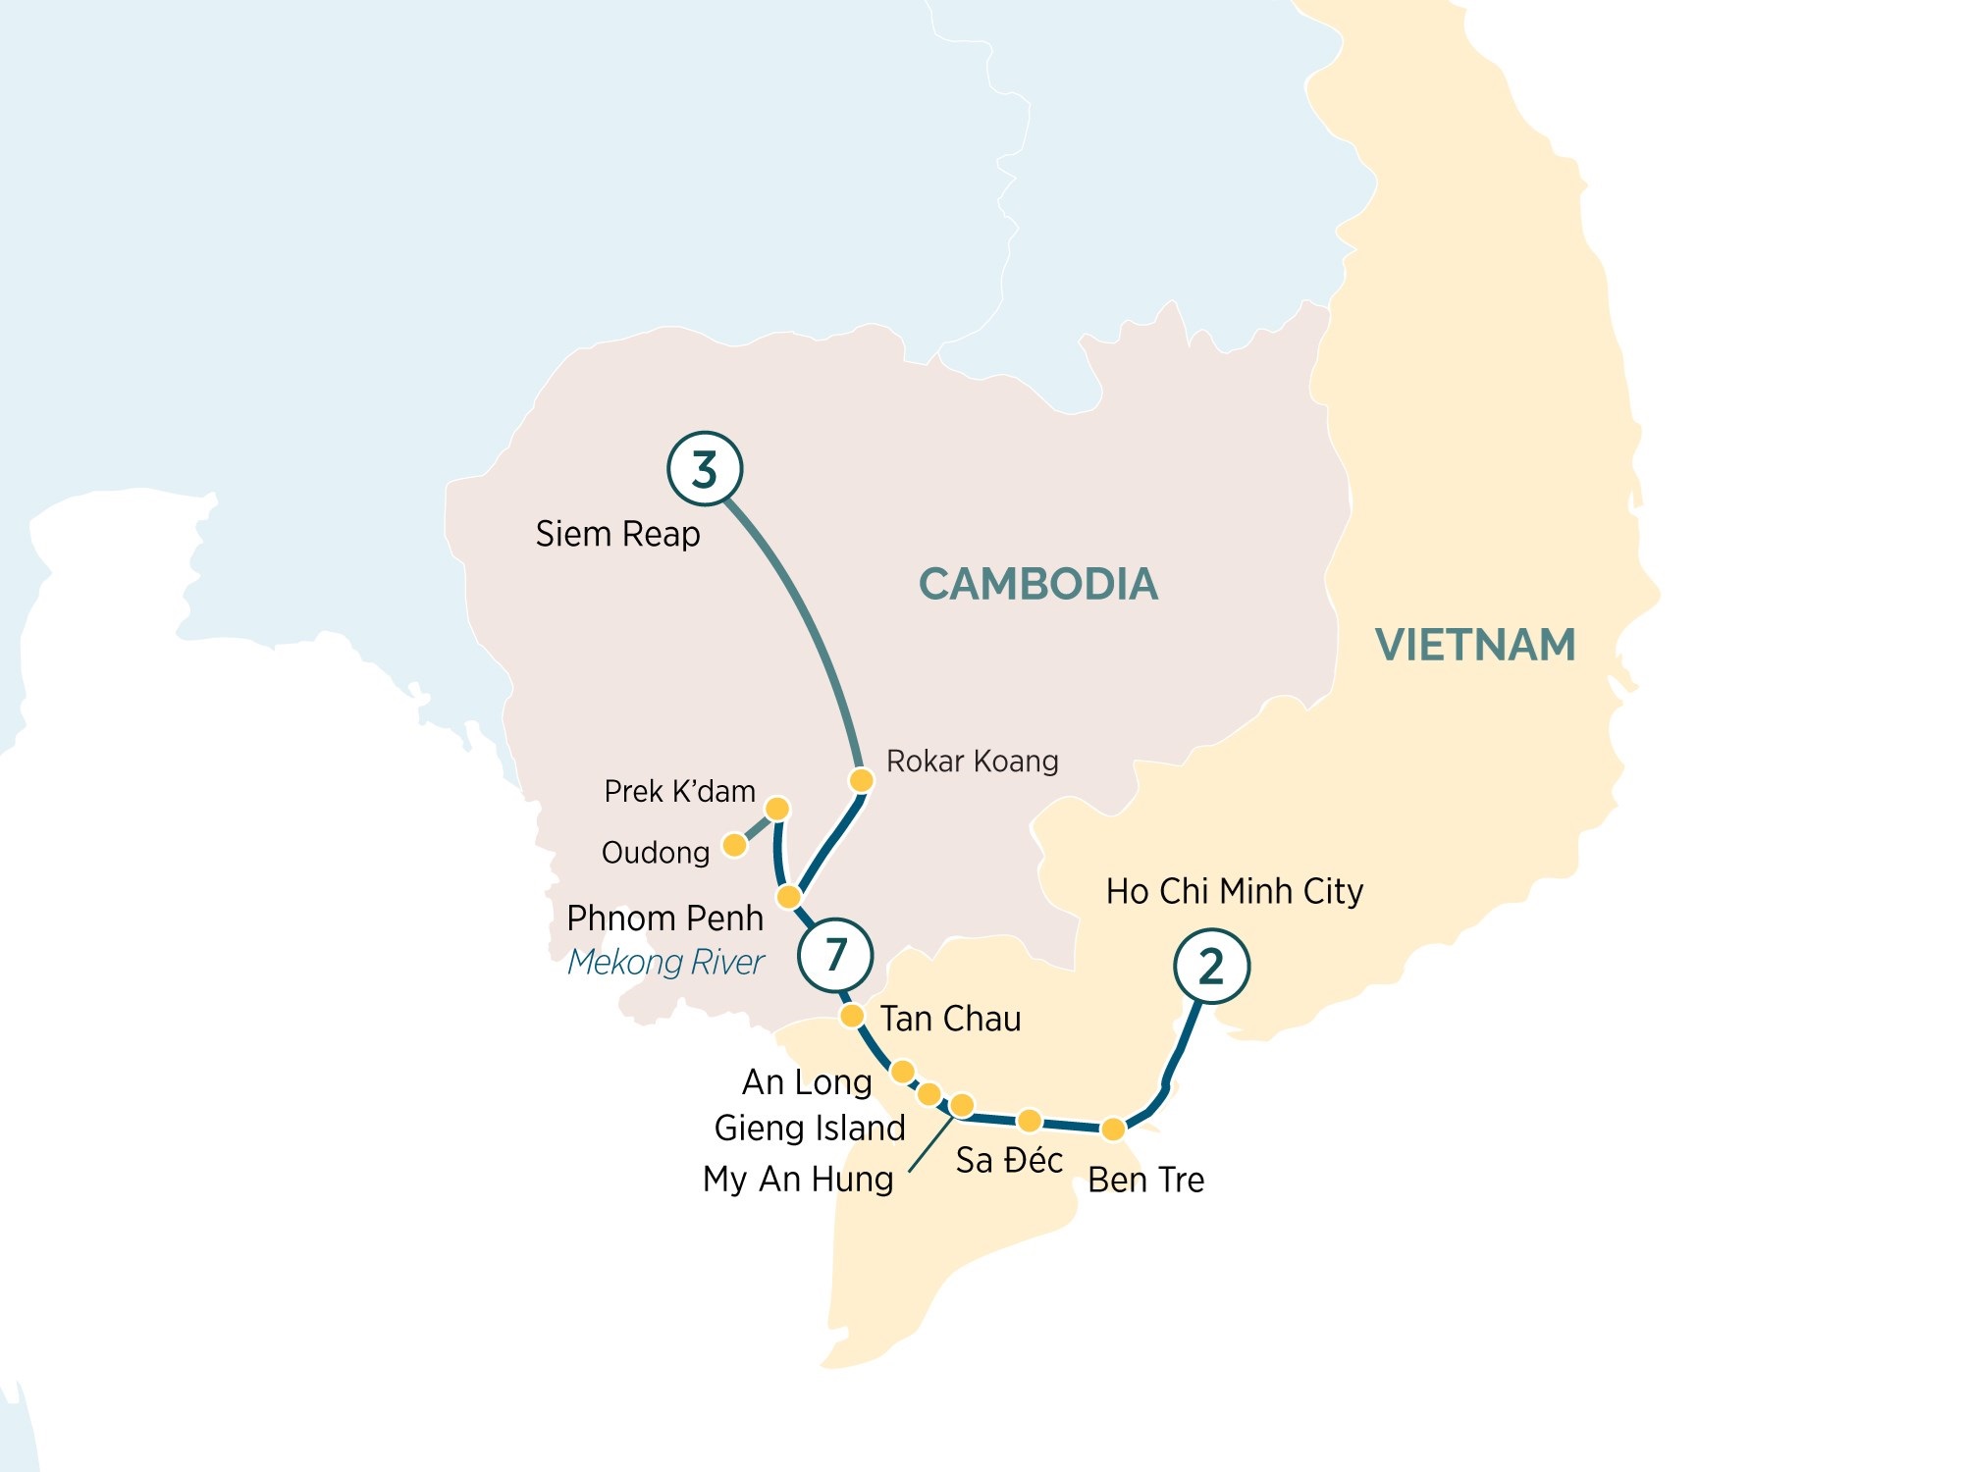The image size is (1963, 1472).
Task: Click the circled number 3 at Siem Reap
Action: [705, 469]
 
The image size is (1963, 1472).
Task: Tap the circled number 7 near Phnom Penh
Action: [835, 954]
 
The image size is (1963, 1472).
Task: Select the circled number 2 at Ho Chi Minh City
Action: [1211, 967]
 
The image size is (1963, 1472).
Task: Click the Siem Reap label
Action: [617, 534]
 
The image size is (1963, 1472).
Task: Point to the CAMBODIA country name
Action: [1037, 584]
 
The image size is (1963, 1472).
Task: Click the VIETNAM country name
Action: [1474, 645]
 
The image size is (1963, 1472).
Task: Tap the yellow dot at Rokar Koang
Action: [861, 780]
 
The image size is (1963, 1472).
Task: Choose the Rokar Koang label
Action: [972, 761]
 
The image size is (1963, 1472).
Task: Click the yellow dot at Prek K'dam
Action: [776, 809]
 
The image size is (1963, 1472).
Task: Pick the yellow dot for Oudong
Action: [734, 844]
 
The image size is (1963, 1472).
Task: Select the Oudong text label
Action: [655, 853]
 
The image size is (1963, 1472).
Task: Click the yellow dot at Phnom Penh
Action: [789, 897]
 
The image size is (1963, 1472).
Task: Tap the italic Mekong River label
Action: [665, 962]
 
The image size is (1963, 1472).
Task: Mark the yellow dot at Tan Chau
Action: [852, 1015]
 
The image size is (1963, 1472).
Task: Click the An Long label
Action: [807, 1082]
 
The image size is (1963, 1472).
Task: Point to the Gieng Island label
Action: [809, 1128]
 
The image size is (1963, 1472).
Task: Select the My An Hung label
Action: [797, 1179]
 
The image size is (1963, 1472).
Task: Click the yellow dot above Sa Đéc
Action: [1029, 1120]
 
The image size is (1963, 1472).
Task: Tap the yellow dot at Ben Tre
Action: [1112, 1129]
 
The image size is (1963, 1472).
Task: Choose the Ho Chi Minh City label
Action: [1234, 891]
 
